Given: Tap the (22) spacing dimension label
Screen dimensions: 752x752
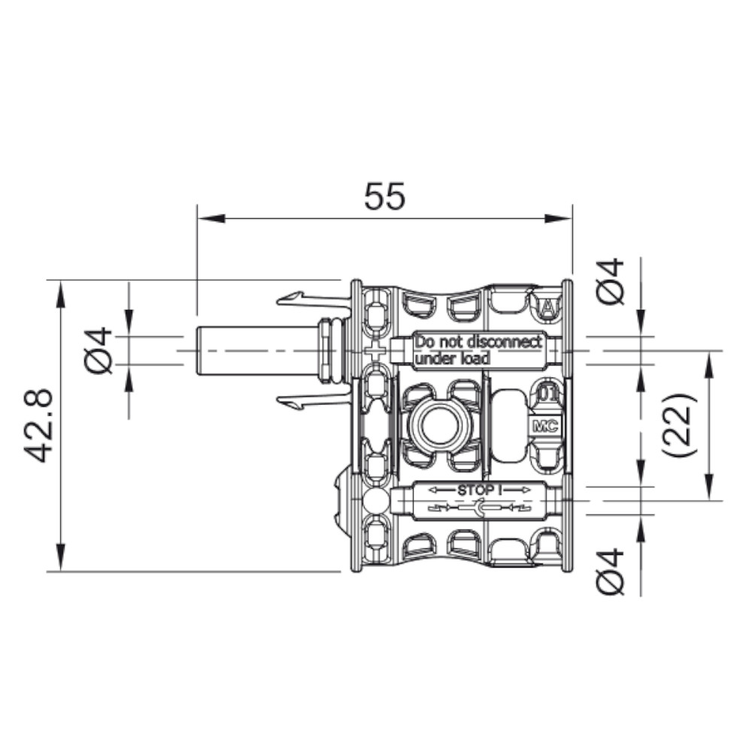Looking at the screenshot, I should pyautogui.click(x=680, y=425).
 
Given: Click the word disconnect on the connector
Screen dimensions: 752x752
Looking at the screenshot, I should pyautogui.click(x=500, y=342).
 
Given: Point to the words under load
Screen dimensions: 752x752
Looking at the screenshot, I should pyautogui.click(x=452, y=359).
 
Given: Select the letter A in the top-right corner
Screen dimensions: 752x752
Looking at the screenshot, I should pyautogui.click(x=550, y=305).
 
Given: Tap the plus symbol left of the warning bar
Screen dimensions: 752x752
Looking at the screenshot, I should pyautogui.click(x=374, y=351).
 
